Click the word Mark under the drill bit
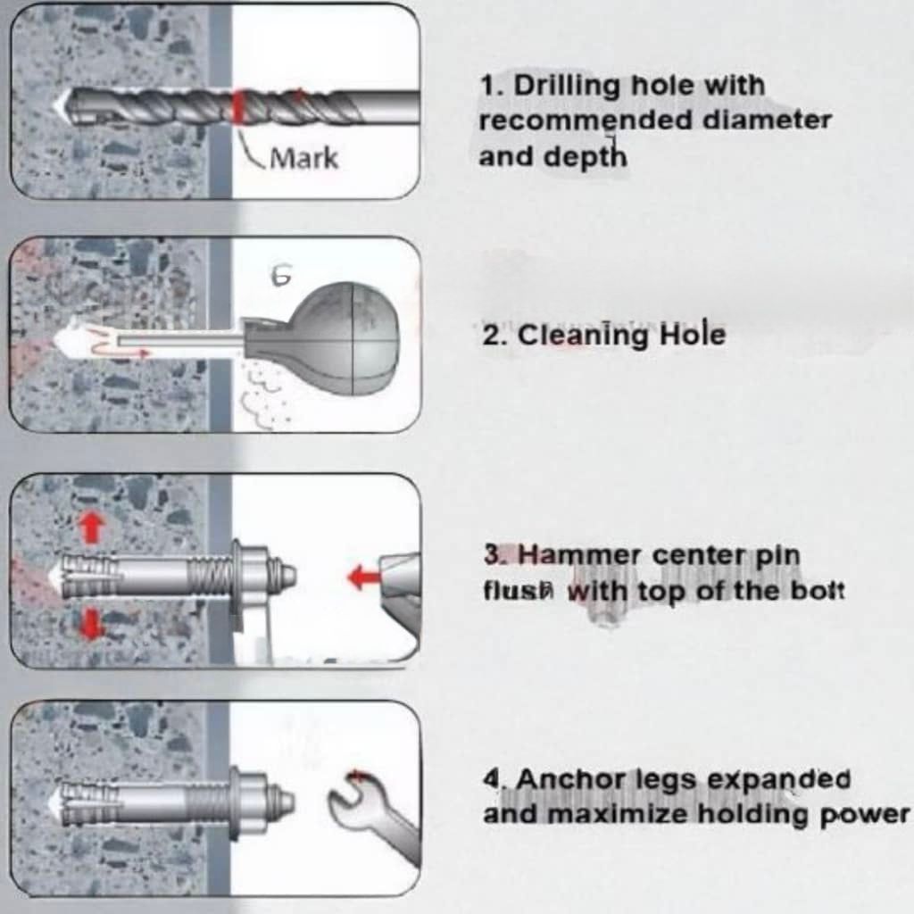tap(304, 158)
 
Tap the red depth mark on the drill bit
tap(237, 107)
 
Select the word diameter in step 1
tap(767, 120)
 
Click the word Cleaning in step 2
tap(584, 336)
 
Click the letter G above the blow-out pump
tap(281, 276)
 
